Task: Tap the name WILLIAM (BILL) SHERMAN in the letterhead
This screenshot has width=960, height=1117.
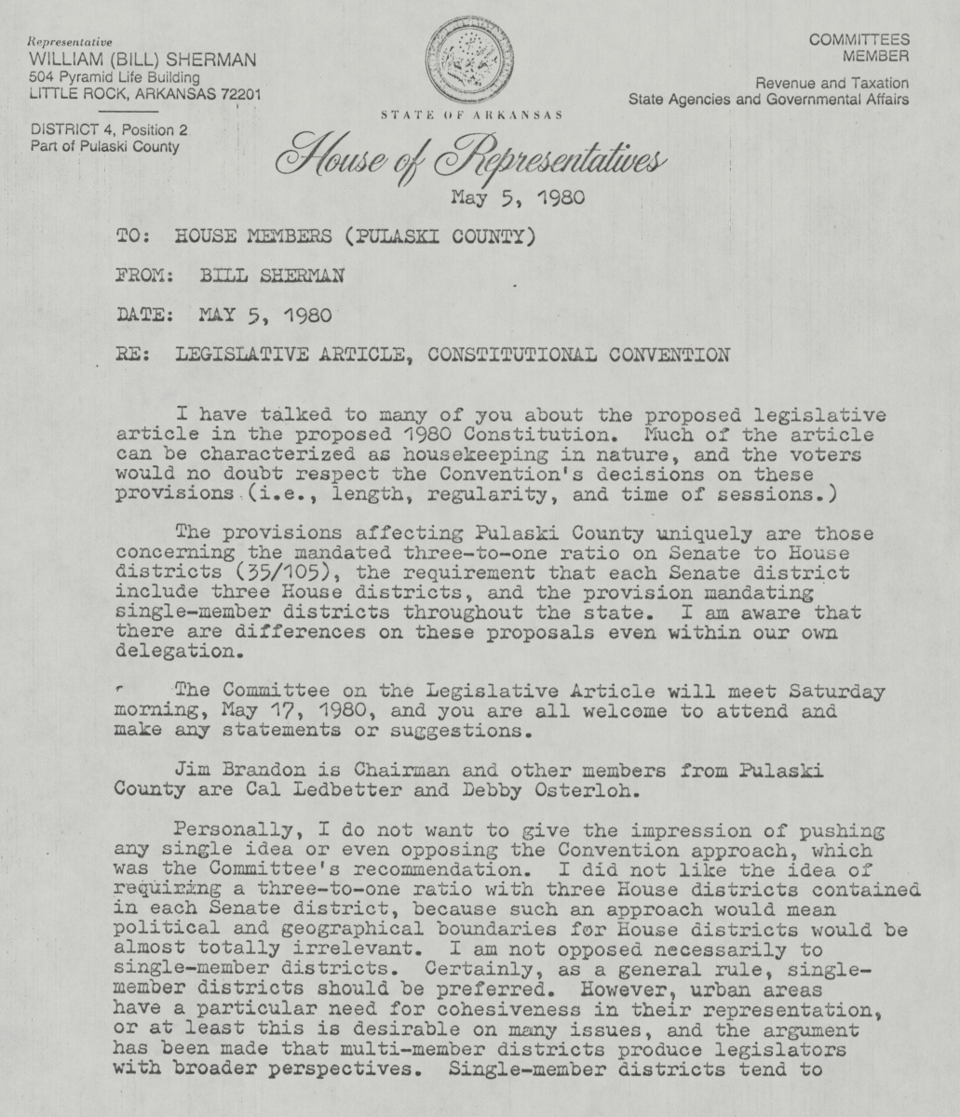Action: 142,61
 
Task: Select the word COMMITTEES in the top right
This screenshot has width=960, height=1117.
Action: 859,39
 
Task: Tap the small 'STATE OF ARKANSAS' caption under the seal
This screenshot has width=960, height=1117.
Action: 470,115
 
